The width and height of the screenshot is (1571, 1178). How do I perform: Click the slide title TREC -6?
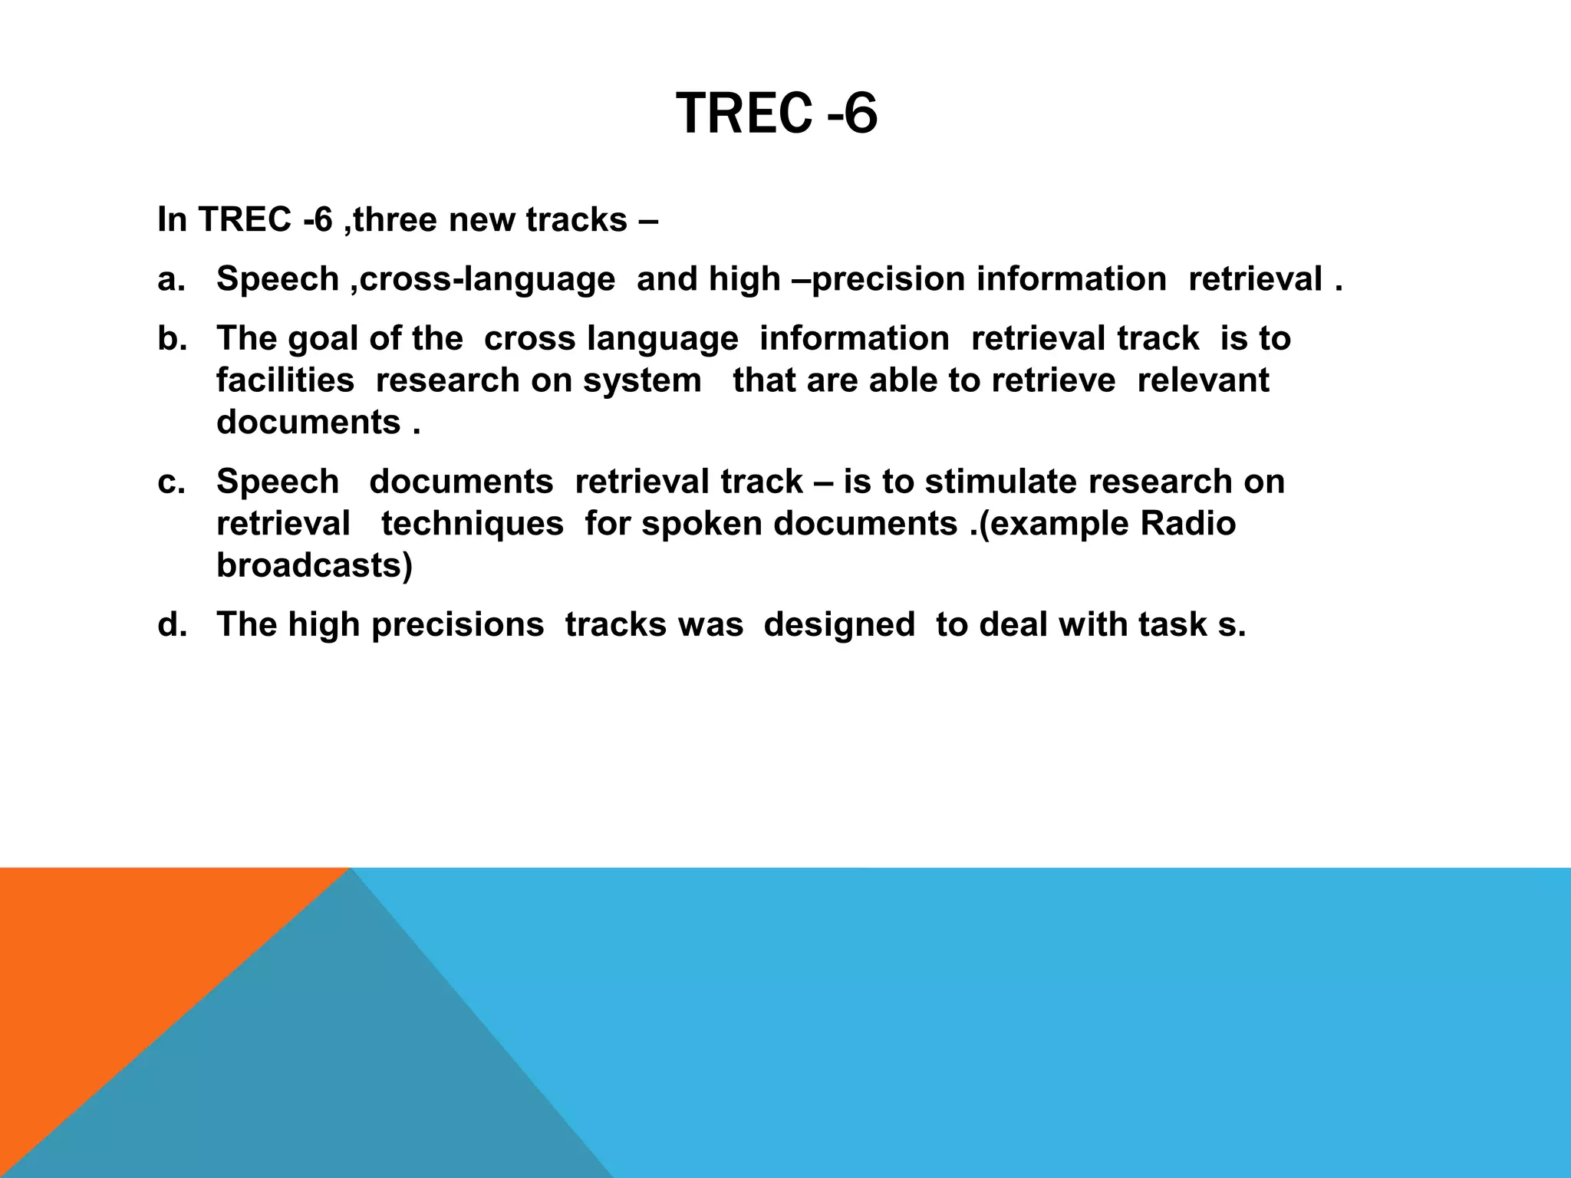776,114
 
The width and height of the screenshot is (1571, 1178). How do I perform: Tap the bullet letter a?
171,279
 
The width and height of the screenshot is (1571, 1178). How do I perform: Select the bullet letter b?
172,339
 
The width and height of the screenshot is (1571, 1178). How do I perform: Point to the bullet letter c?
171,482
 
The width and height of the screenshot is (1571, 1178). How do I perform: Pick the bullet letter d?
172,625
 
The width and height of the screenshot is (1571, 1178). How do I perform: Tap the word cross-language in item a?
487,279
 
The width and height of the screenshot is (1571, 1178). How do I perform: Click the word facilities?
285,381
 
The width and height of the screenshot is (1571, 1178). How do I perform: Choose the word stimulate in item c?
1000,482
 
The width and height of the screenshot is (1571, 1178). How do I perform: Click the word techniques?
473,525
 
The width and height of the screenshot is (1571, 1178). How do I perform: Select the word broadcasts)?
315,566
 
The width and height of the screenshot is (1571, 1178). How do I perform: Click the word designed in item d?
839,625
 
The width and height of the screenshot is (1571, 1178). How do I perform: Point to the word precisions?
458,625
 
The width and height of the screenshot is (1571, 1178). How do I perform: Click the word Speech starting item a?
278,279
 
